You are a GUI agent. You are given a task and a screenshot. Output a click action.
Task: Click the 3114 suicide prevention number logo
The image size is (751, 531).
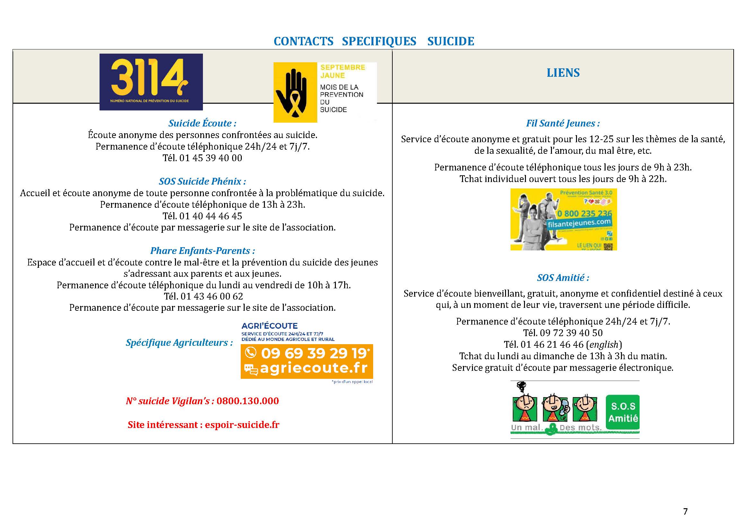pyautogui.click(x=151, y=82)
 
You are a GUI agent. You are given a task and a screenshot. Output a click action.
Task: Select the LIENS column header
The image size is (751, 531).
pyautogui.click(x=563, y=73)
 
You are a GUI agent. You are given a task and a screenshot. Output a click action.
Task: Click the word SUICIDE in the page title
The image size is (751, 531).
pyautogui.click(x=450, y=41)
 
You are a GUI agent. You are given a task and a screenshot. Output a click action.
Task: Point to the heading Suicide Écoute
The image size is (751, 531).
pyautogui.click(x=202, y=123)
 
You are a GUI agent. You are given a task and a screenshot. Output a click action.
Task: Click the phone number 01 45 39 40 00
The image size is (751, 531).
pyautogui.click(x=211, y=158)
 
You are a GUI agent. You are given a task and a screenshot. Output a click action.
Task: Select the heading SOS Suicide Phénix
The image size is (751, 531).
pyautogui.click(x=202, y=181)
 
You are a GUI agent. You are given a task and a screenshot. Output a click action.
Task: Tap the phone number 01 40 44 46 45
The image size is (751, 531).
pyautogui.click(x=211, y=216)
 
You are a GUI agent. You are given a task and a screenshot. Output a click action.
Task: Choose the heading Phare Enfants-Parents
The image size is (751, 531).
pyautogui.click(x=202, y=251)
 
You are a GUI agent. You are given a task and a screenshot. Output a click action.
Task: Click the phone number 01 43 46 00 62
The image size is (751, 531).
pyautogui.click(x=212, y=296)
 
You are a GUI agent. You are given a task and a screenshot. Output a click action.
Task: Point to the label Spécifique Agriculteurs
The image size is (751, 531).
pyautogui.click(x=179, y=342)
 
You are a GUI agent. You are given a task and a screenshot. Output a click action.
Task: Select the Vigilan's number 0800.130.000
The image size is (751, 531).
pyautogui.click(x=248, y=401)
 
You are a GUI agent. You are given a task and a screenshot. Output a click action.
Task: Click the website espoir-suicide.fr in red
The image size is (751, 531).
pyautogui.click(x=242, y=425)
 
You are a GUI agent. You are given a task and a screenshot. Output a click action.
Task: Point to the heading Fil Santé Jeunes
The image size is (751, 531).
pyautogui.click(x=563, y=123)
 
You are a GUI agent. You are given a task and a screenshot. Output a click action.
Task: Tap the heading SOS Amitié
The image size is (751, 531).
pyautogui.click(x=563, y=278)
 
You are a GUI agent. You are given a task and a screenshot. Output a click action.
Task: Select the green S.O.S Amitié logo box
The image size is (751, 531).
pyautogui.click(x=623, y=412)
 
